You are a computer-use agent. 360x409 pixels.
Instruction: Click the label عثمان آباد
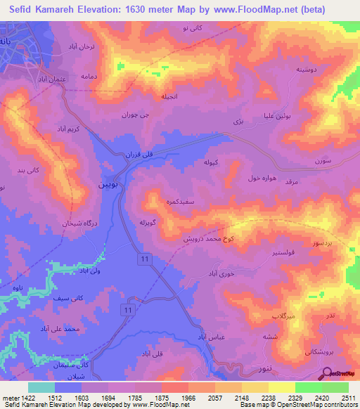pos(52,80)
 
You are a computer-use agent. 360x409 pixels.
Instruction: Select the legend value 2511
pos(348,398)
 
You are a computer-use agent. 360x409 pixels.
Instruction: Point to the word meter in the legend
pos(7,398)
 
